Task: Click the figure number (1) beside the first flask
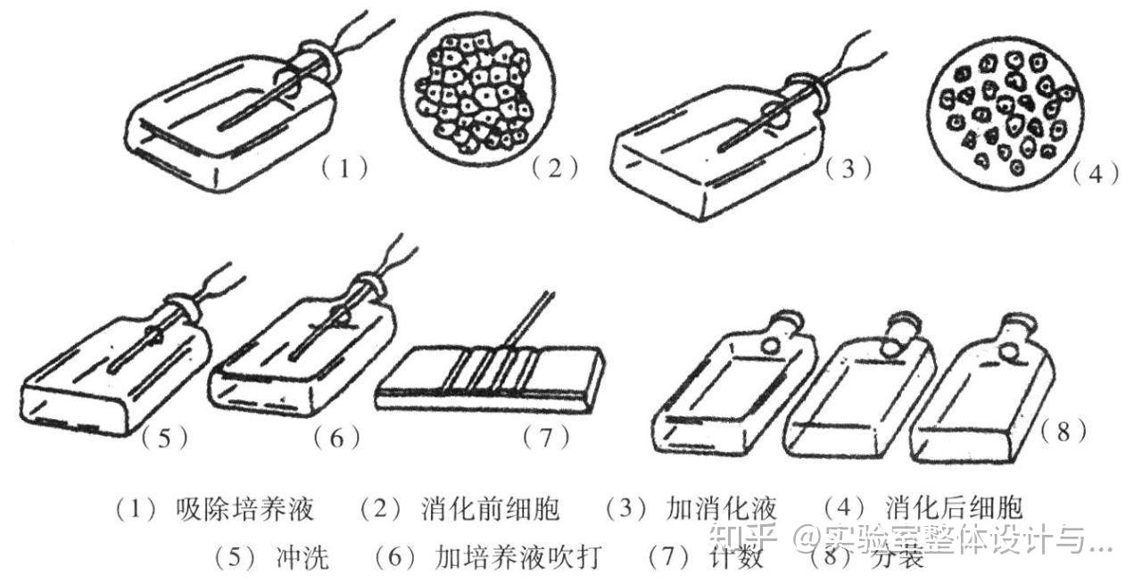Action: (343, 167)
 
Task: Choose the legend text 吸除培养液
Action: (245, 509)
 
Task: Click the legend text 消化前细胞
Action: (490, 509)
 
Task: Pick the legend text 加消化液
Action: (721, 509)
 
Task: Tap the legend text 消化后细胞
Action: (954, 509)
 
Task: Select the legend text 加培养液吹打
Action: (517, 558)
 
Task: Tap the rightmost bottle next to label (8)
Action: (981, 392)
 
